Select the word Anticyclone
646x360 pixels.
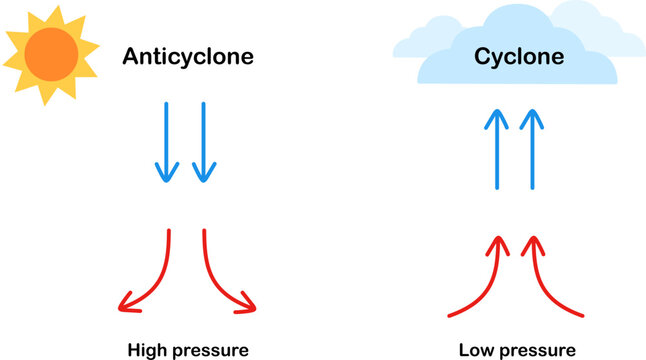[x=188, y=57]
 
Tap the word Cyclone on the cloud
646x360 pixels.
[x=519, y=57]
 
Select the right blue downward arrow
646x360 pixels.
[x=204, y=140]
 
